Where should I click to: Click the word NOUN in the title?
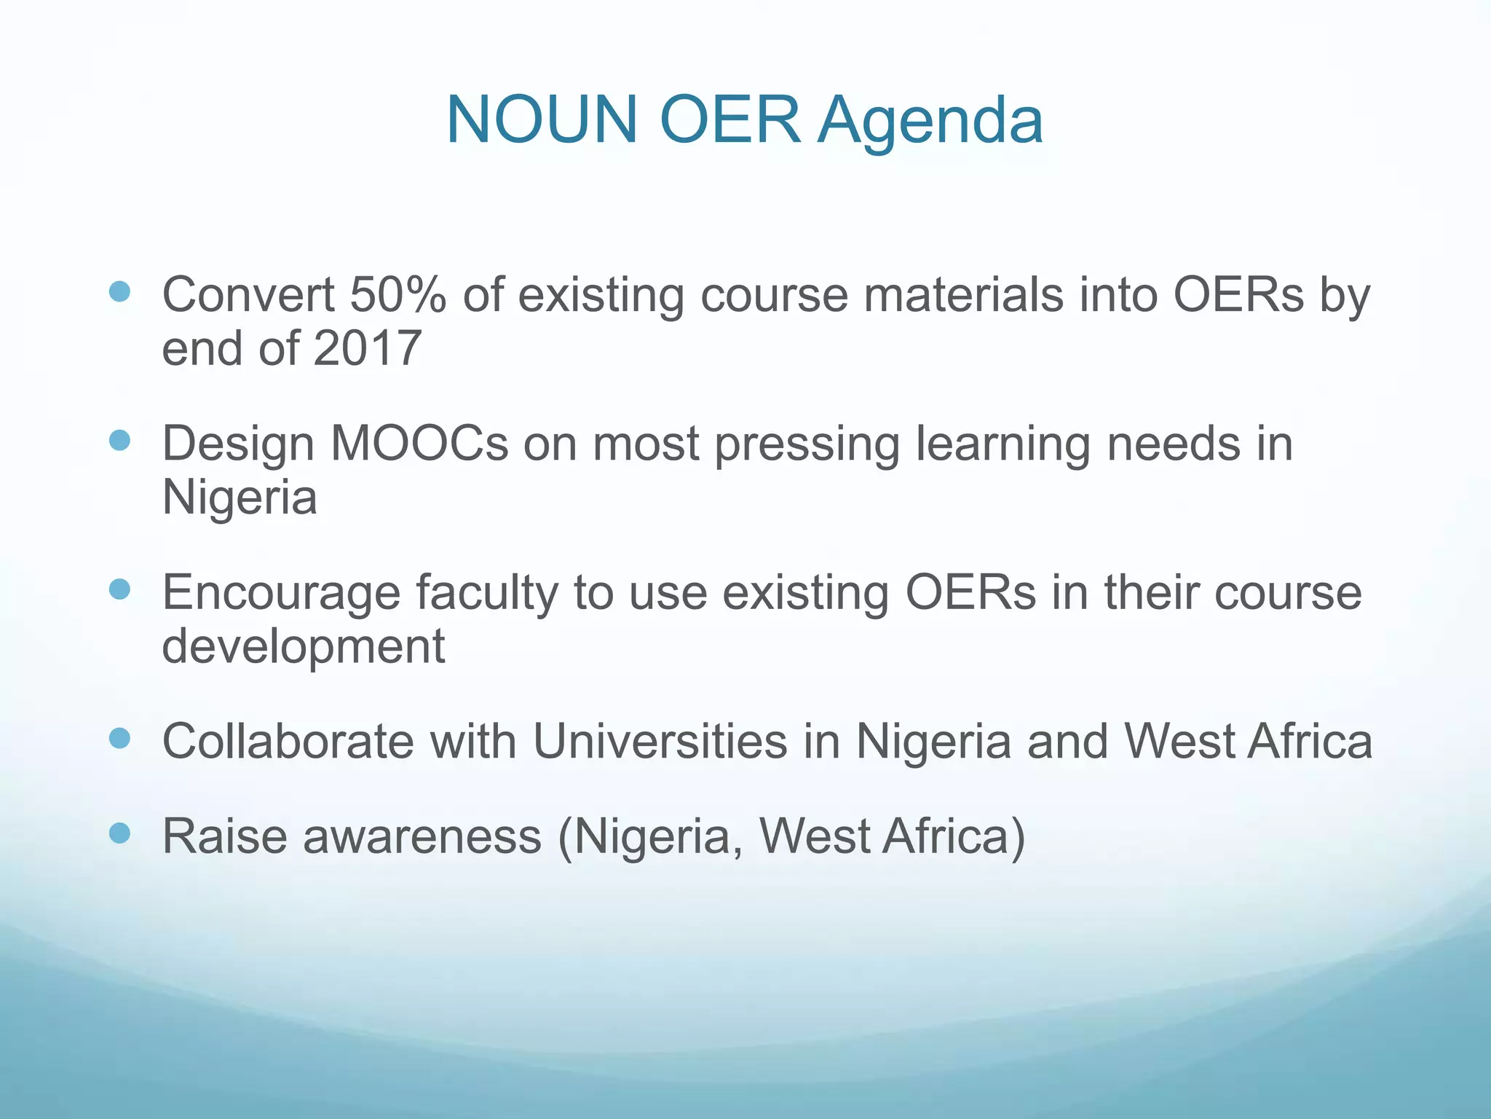[x=542, y=119]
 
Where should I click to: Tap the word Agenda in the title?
[x=930, y=121]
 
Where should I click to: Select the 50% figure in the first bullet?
[x=398, y=295]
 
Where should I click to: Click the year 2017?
[x=368, y=348]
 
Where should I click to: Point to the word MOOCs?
[x=419, y=444]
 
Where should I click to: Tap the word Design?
[x=238, y=445]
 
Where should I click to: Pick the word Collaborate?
[x=288, y=742]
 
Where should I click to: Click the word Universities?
[x=660, y=742]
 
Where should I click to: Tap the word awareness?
[x=422, y=836]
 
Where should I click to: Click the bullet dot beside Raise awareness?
[x=119, y=833]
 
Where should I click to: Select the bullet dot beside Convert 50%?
[x=119, y=292]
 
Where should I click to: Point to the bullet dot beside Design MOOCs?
[x=119, y=441]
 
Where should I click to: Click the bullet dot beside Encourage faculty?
[x=119, y=589]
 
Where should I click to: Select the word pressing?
[x=807, y=445]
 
